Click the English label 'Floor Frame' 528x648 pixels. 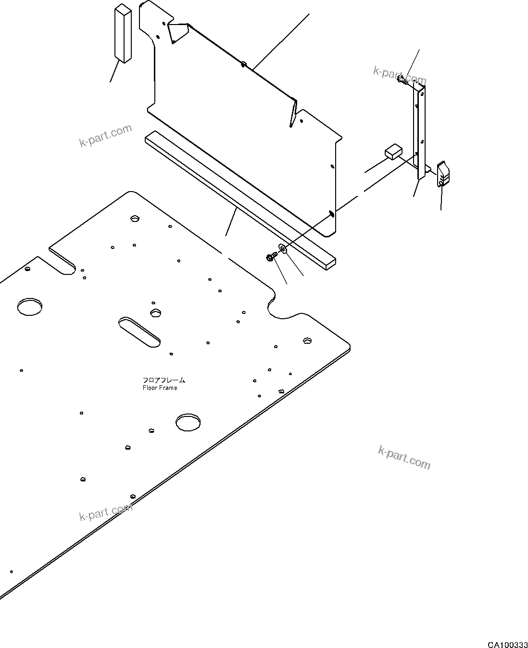(x=160, y=388)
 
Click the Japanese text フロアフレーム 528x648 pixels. (x=164, y=380)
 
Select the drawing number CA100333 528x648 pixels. (x=507, y=644)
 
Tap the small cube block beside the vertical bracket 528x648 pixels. (x=393, y=152)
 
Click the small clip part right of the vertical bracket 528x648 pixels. (x=443, y=174)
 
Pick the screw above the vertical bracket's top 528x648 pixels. (x=402, y=81)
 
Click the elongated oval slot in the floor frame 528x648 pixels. (x=140, y=331)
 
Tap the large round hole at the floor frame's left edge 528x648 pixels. (x=30, y=307)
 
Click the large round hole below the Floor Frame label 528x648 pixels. (x=189, y=422)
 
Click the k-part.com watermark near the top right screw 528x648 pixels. (x=399, y=75)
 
